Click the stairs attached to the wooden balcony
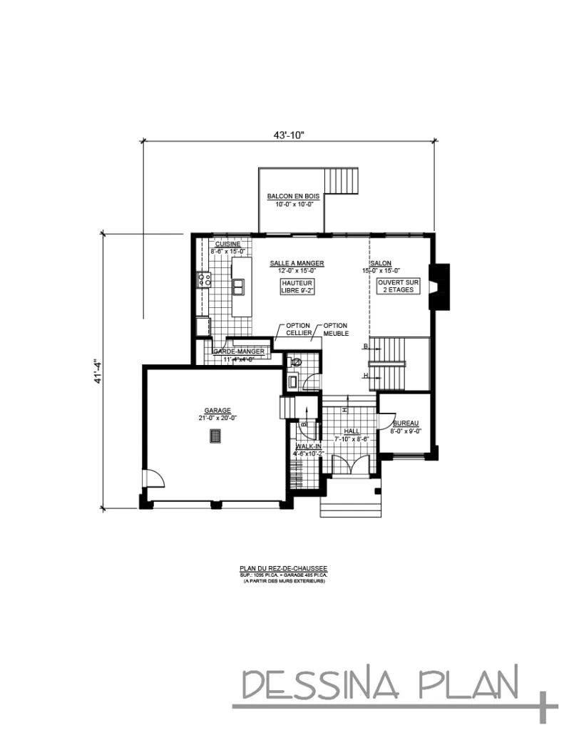341,181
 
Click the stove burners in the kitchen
204,279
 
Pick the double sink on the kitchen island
238,286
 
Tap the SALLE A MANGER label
297,263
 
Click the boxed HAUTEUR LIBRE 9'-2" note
297,287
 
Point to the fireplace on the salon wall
439,286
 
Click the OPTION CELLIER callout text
299,329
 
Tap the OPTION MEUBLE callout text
336,329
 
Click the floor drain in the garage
214,436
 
